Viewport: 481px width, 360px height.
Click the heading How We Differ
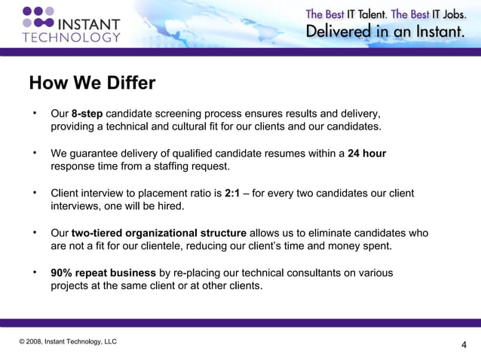(x=91, y=82)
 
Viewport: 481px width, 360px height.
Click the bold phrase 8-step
(x=87, y=114)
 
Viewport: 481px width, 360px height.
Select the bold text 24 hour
(x=366, y=154)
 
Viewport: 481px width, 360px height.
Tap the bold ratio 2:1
(x=232, y=194)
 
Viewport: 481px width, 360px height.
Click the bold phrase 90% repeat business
(x=104, y=273)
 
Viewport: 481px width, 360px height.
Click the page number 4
(x=463, y=346)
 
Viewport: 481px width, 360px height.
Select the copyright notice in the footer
(x=69, y=342)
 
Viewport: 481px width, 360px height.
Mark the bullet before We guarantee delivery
(x=34, y=154)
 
